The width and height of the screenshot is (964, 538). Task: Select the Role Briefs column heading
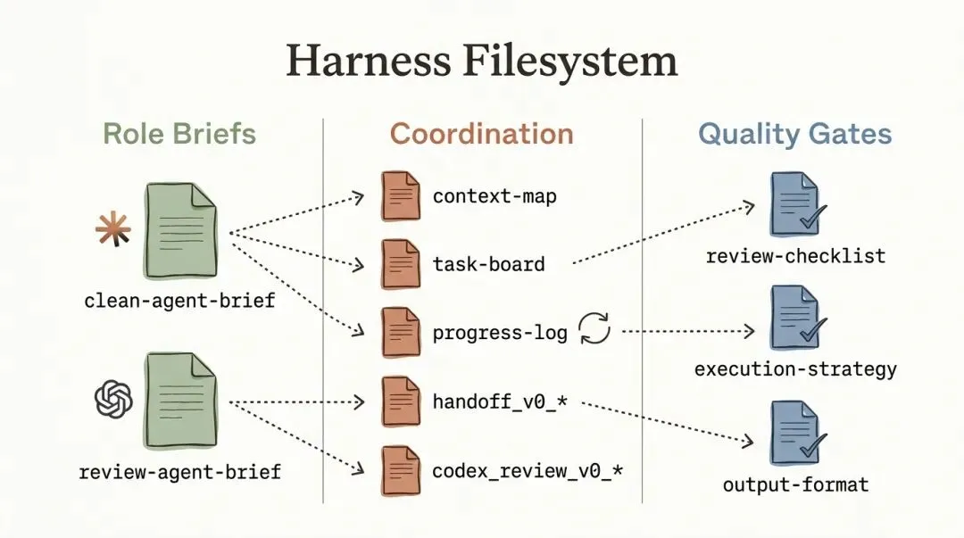point(179,134)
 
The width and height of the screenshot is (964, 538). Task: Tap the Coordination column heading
point(482,134)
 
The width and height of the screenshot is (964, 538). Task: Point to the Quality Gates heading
point(794,134)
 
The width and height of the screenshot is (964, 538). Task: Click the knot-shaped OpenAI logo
point(113,399)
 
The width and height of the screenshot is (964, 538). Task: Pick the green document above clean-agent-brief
point(179,231)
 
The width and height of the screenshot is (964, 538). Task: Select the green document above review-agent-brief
point(179,400)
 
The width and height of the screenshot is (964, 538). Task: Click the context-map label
point(494,196)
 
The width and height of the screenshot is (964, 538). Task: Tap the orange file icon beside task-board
point(400,263)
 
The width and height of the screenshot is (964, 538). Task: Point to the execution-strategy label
point(794,368)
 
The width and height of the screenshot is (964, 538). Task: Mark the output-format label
point(794,485)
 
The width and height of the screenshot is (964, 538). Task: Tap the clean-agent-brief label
point(179,301)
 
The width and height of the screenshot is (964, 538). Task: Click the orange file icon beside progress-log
point(400,332)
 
